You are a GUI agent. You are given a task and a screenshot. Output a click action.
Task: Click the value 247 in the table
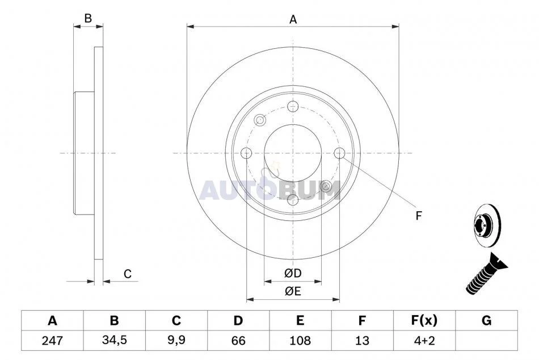(x=52, y=341)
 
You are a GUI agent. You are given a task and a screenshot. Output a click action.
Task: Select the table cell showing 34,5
(x=115, y=340)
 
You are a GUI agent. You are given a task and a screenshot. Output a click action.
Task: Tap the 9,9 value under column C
(x=176, y=340)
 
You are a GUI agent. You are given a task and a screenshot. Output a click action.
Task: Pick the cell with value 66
(x=238, y=341)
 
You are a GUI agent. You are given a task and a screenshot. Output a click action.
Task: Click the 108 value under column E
(x=300, y=341)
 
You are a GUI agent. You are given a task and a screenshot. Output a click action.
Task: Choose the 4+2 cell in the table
(x=424, y=341)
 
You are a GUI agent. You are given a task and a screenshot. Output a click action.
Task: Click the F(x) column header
(x=424, y=320)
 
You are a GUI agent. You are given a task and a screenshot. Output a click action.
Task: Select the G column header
(x=486, y=320)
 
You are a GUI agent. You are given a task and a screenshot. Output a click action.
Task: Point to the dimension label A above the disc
(x=293, y=19)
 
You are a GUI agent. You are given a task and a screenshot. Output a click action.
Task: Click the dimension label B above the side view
(x=88, y=18)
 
